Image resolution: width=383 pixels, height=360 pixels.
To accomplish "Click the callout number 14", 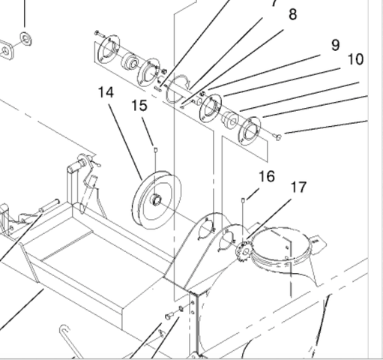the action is (106, 92).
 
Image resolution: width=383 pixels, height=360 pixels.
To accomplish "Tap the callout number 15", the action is (139, 106).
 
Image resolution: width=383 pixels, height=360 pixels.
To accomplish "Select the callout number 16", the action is (267, 176).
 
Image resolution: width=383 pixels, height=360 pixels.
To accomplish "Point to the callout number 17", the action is (298, 187).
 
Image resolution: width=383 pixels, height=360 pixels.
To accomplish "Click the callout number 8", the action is (292, 14).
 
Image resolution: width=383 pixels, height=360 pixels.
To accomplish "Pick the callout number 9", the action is (336, 45).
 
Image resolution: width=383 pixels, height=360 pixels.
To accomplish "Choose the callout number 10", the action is (355, 59).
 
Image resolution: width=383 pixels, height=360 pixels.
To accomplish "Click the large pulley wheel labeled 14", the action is (157, 200).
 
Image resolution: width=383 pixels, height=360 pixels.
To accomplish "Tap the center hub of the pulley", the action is (156, 200).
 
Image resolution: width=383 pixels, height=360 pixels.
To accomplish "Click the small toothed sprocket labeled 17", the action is (244, 251).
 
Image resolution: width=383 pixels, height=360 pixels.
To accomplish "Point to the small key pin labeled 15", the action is (155, 150).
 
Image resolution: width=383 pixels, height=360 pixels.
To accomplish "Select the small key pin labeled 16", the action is (242, 199).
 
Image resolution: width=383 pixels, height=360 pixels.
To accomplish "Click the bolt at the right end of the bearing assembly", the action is (278, 136).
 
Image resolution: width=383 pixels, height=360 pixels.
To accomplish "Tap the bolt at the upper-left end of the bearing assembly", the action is (99, 33).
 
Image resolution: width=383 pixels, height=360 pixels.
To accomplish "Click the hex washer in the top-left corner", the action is (25, 39).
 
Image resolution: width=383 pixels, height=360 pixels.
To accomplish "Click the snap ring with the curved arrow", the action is (178, 89).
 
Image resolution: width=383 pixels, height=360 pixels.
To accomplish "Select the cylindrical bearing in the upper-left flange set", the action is (130, 61).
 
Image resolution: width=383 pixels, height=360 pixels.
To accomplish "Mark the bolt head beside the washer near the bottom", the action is (169, 316).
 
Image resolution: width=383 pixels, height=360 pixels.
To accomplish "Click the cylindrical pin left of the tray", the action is (49, 205).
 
